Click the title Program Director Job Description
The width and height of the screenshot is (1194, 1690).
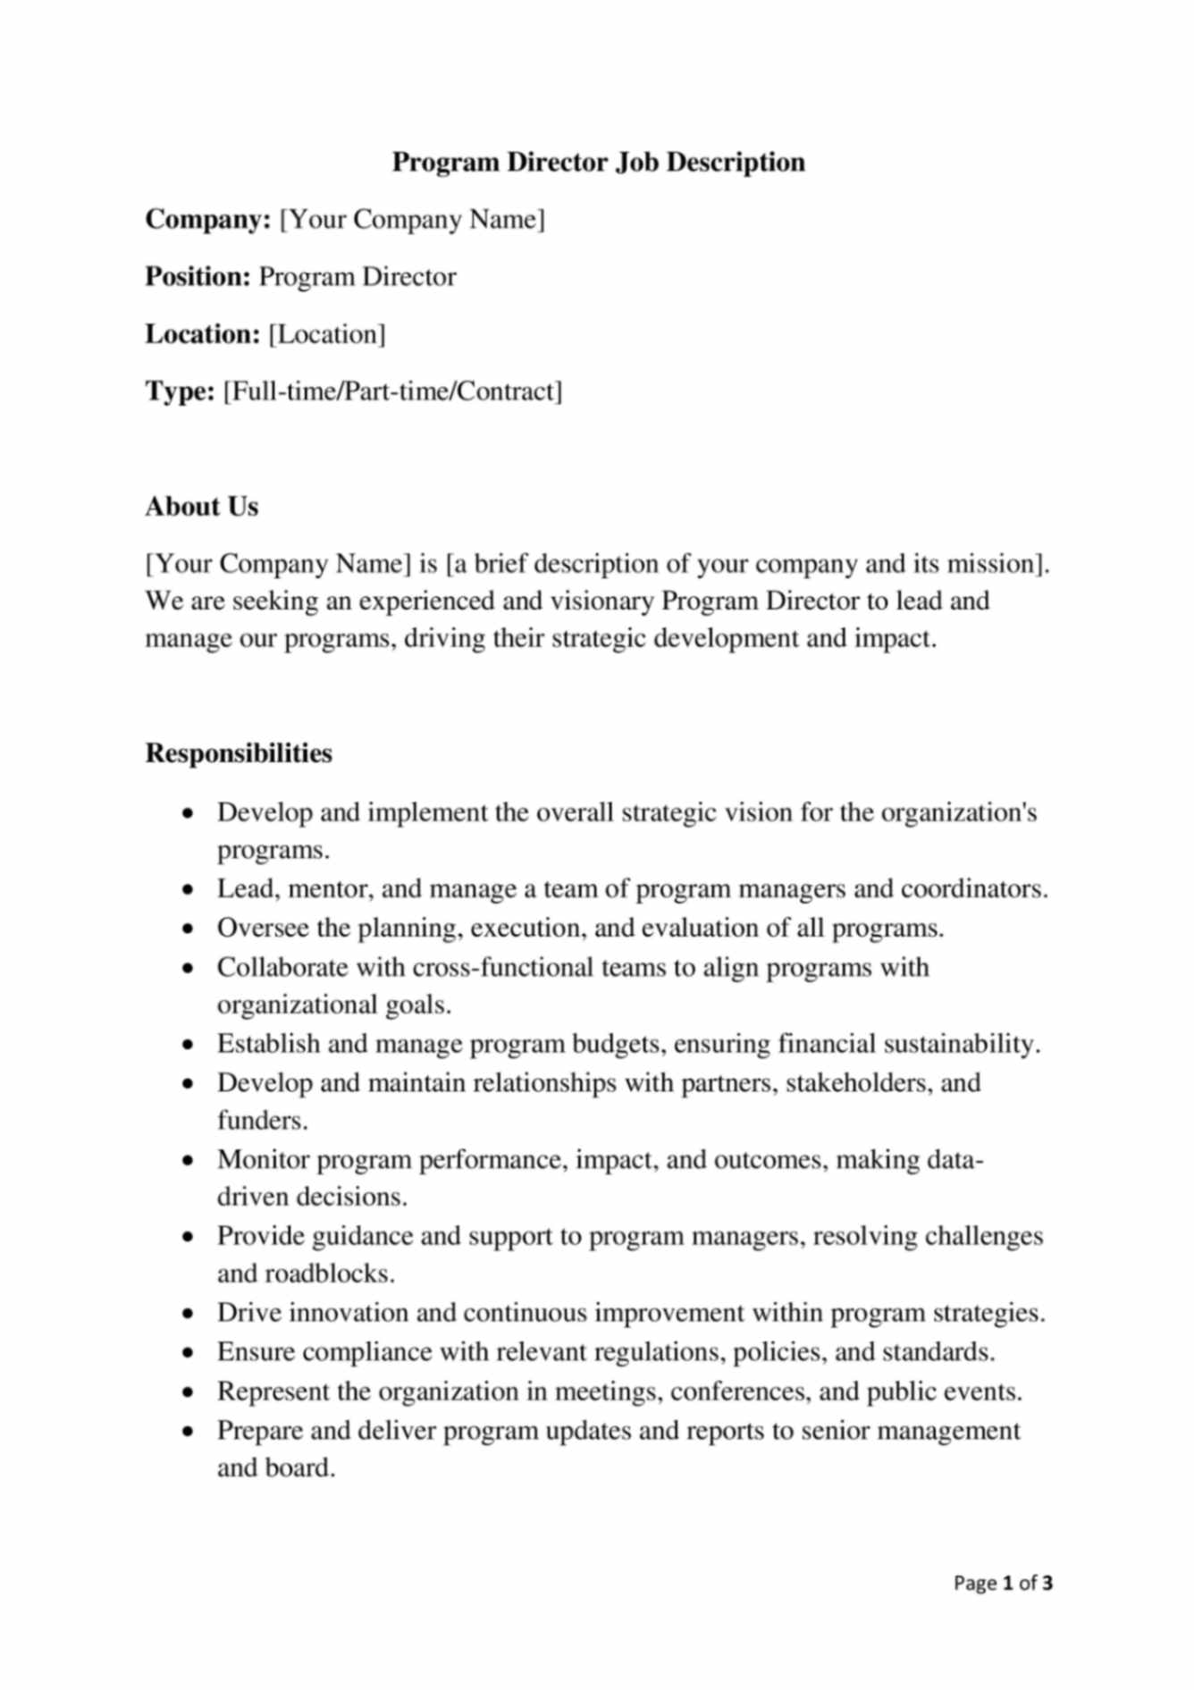[598, 162]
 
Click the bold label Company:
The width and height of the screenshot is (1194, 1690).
[208, 219]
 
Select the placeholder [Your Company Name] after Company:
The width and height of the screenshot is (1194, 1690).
[412, 219]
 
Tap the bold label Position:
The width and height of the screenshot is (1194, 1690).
[198, 276]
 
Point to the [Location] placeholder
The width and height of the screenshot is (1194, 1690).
[327, 334]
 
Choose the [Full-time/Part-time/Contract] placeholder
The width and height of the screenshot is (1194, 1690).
[392, 391]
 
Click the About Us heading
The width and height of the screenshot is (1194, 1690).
[202, 507]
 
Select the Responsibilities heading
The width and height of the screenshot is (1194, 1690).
[239, 753]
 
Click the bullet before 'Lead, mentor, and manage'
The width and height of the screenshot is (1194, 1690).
[187, 890]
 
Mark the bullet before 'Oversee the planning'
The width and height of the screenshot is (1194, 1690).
[187, 929]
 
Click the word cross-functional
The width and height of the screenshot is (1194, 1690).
[503, 968]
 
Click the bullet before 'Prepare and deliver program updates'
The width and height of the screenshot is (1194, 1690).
[187, 1432]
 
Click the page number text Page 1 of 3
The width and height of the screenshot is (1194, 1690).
[1003, 1584]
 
